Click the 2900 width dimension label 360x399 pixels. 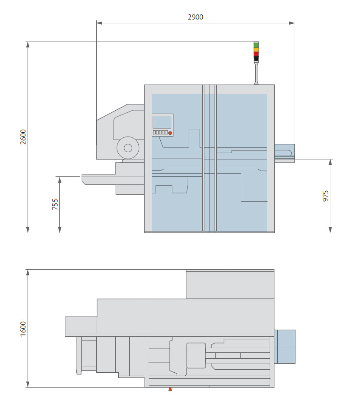pos(195,17)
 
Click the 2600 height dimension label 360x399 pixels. pos(23,137)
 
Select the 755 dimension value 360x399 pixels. pos(55,204)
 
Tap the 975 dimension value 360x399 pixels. pos(326,195)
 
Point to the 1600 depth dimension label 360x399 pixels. pos(23,329)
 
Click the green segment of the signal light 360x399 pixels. pos(256,45)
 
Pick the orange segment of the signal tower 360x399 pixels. pos(256,50)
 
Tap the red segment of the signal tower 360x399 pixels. pos(256,54)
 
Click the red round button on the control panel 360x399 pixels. pos(170,133)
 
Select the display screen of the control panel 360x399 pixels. pos(162,122)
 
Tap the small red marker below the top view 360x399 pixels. pos(170,389)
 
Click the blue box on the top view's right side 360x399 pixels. pos(285,346)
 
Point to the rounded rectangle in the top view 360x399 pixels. pos(196,355)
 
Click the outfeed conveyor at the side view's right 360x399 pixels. pos(284,153)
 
